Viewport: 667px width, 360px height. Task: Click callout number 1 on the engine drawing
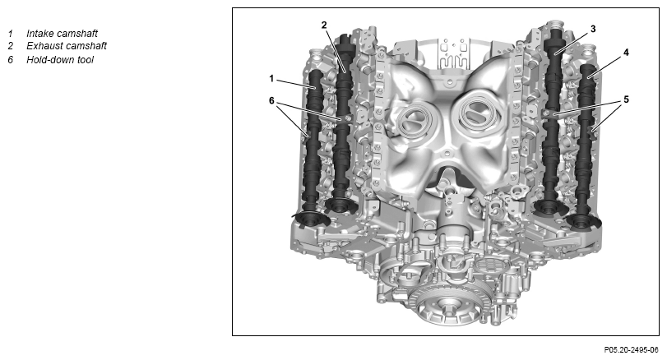point(271,79)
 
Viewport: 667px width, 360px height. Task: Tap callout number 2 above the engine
point(324,25)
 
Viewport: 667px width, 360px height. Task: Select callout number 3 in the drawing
point(593,29)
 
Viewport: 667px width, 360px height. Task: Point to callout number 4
point(626,53)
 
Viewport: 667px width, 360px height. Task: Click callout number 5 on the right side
point(626,99)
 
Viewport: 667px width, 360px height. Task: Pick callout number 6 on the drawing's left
point(271,101)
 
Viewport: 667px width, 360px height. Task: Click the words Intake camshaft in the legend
point(63,34)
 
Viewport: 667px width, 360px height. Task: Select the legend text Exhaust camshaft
point(67,46)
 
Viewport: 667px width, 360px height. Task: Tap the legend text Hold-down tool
point(60,60)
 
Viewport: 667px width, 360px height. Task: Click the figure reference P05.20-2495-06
point(631,350)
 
